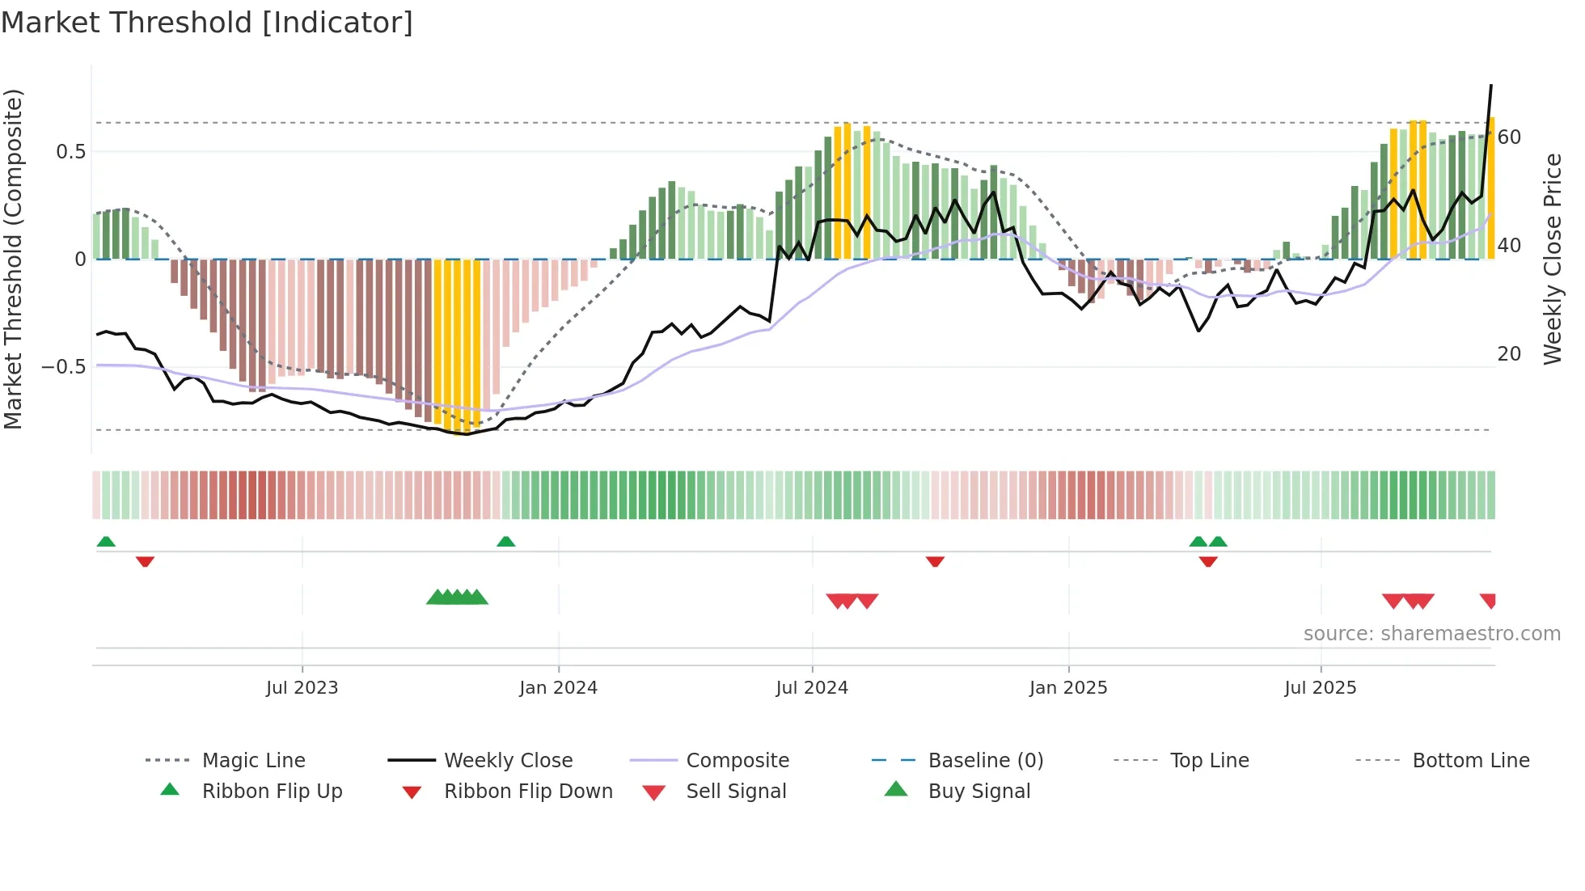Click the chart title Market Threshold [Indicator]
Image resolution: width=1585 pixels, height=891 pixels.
pyautogui.click(x=207, y=23)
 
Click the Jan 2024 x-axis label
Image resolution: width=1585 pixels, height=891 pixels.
pyautogui.click(x=558, y=688)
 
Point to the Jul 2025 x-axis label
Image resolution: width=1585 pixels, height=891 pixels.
pyautogui.click(x=1320, y=688)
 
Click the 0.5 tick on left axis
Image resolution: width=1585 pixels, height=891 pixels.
pyautogui.click(x=70, y=152)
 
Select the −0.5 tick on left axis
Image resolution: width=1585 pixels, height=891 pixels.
pyautogui.click(x=63, y=367)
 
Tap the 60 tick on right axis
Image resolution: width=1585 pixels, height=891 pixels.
pyautogui.click(x=1509, y=137)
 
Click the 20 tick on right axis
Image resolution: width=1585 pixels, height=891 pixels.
pyautogui.click(x=1509, y=354)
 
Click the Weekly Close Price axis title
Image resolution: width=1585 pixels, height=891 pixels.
pyautogui.click(x=1552, y=259)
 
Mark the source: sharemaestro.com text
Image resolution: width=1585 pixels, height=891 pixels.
pyautogui.click(x=1431, y=634)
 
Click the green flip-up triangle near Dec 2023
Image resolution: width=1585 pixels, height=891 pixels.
pyautogui.click(x=505, y=542)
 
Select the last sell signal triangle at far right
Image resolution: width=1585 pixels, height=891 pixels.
pyautogui.click(x=1489, y=600)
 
